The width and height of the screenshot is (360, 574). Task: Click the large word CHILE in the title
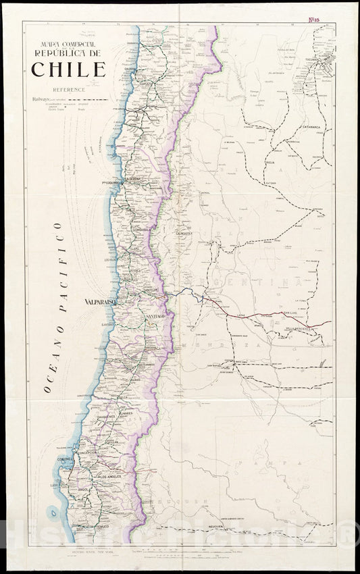click(68, 70)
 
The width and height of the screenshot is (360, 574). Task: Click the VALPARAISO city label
click(101, 303)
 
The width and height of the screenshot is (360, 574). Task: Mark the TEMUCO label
click(101, 525)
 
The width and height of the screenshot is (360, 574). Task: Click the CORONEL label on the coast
click(65, 462)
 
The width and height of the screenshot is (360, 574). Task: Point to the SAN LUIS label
click(291, 313)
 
